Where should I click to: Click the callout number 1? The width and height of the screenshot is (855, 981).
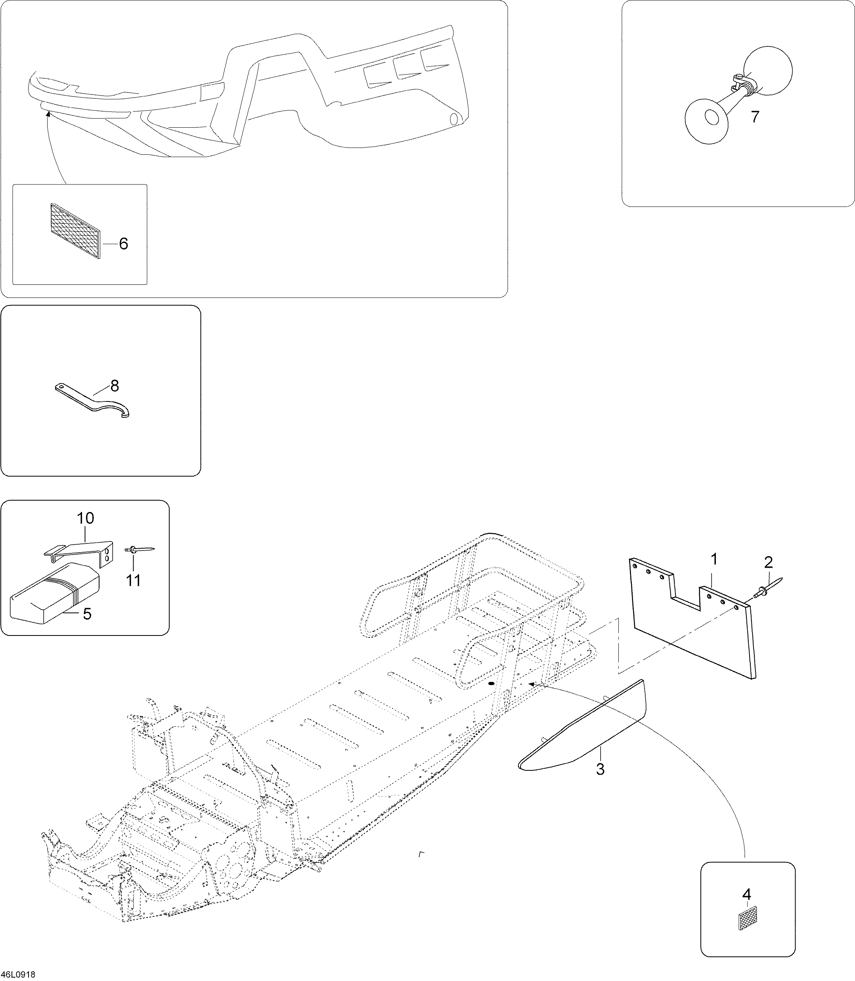coord(714,559)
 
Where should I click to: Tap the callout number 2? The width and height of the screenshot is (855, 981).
coord(768,562)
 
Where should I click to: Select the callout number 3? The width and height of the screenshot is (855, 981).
coord(600,769)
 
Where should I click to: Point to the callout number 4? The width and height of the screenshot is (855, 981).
coord(747,893)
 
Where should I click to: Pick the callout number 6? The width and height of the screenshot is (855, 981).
coord(124,244)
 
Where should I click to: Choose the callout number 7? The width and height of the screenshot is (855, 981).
coord(754,117)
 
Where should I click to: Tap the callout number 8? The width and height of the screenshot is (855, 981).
coord(115,386)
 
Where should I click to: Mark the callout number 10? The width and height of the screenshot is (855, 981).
coord(86,518)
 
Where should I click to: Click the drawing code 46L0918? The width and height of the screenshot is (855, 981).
coord(19,974)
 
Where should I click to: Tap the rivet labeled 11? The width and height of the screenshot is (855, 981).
coord(140,549)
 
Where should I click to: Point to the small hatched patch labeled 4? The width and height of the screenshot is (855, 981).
coord(747,917)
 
